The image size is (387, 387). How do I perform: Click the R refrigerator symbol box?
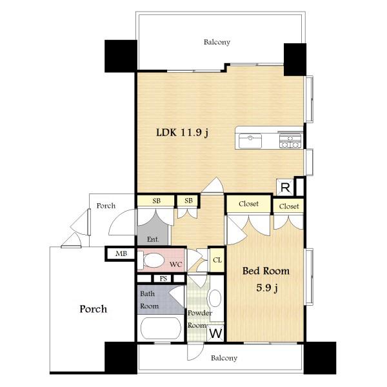pyautogui.click(x=285, y=187)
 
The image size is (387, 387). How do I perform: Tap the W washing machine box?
pyautogui.click(x=215, y=333)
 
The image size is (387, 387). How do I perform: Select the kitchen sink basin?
pyautogui.click(x=250, y=141)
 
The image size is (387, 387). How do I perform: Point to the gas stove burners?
pyautogui.click(x=290, y=141)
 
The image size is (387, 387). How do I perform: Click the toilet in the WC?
pyautogui.click(x=151, y=260)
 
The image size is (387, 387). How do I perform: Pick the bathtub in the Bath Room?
pyautogui.click(x=161, y=328)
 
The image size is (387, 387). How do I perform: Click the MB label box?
pyautogui.click(x=121, y=253)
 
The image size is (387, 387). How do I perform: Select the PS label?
pyautogui.click(x=163, y=279)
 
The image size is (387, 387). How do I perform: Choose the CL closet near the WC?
pyautogui.click(x=217, y=260)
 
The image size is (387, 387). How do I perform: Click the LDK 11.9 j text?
pyautogui.click(x=183, y=133)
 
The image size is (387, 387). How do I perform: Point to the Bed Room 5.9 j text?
pyautogui.click(x=266, y=279)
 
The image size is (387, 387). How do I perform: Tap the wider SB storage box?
pyautogui.click(x=156, y=201)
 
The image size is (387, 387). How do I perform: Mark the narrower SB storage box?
pyautogui.click(x=188, y=201)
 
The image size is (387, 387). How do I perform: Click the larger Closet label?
pyautogui.click(x=248, y=204)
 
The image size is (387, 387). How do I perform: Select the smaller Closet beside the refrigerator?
pyautogui.click(x=288, y=206)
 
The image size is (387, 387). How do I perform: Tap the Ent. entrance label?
pyautogui.click(x=153, y=239)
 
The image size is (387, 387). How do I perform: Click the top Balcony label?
pyautogui.click(x=217, y=42)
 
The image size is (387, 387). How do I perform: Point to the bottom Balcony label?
pyautogui.click(x=224, y=358)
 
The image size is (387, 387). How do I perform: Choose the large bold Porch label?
pyautogui.click(x=94, y=309)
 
